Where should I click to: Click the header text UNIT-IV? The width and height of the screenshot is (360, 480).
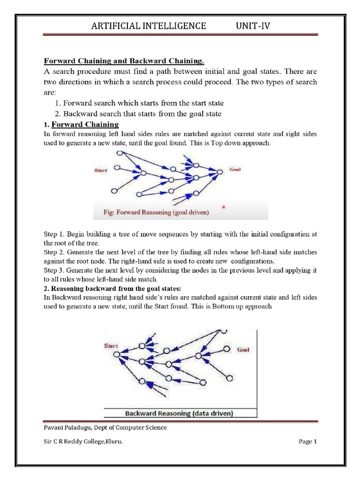click(x=253, y=26)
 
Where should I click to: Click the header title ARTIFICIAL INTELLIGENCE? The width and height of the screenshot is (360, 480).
click(x=148, y=26)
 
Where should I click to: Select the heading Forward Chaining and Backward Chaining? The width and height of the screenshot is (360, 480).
click(x=124, y=61)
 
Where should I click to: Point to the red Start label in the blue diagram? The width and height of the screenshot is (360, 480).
click(x=101, y=171)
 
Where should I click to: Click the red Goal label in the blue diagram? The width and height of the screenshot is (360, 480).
click(x=235, y=170)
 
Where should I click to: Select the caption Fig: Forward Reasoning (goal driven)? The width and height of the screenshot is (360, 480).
click(x=156, y=212)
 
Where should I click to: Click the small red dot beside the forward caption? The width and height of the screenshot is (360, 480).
click(x=223, y=207)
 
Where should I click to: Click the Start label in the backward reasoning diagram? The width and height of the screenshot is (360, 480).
click(x=111, y=345)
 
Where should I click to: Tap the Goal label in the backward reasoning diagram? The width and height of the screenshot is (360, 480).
click(x=243, y=350)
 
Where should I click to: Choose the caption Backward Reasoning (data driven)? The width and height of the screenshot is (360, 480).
click(x=180, y=413)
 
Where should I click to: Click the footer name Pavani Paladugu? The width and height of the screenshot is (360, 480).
click(x=68, y=427)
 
